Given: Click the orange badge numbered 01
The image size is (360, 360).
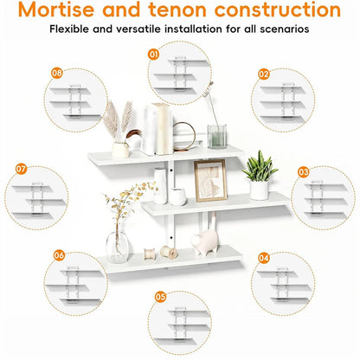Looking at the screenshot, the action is coord(153,55).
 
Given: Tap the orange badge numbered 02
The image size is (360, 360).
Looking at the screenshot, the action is coord(264,74).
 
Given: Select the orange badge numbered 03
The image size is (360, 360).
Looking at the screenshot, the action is coord(303,172).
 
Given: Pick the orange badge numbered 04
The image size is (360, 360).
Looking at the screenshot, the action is coord(264,258).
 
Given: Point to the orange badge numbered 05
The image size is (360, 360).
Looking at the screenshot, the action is coord(161,297).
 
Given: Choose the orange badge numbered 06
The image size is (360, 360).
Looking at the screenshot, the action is coord(59,255).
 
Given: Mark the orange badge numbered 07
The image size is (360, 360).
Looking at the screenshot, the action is coord(21,169).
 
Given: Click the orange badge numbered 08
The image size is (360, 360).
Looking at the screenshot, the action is coord(57,73).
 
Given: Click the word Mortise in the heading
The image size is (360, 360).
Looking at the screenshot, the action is coord(56,10).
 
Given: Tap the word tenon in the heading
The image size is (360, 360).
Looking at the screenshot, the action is coord(177,10).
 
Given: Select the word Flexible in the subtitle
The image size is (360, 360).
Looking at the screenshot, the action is coord(69,29).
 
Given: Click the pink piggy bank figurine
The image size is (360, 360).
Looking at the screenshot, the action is coord(205,242).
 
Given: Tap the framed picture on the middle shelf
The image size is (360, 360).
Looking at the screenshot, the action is coord(210,181).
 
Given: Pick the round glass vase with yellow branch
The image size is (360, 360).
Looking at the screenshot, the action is coord(117,247).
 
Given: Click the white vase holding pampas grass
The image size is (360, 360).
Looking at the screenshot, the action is coord(120,150).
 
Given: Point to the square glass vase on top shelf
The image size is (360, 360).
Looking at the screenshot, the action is coord(217,137).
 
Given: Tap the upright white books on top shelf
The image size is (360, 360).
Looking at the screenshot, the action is coord(158,129).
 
